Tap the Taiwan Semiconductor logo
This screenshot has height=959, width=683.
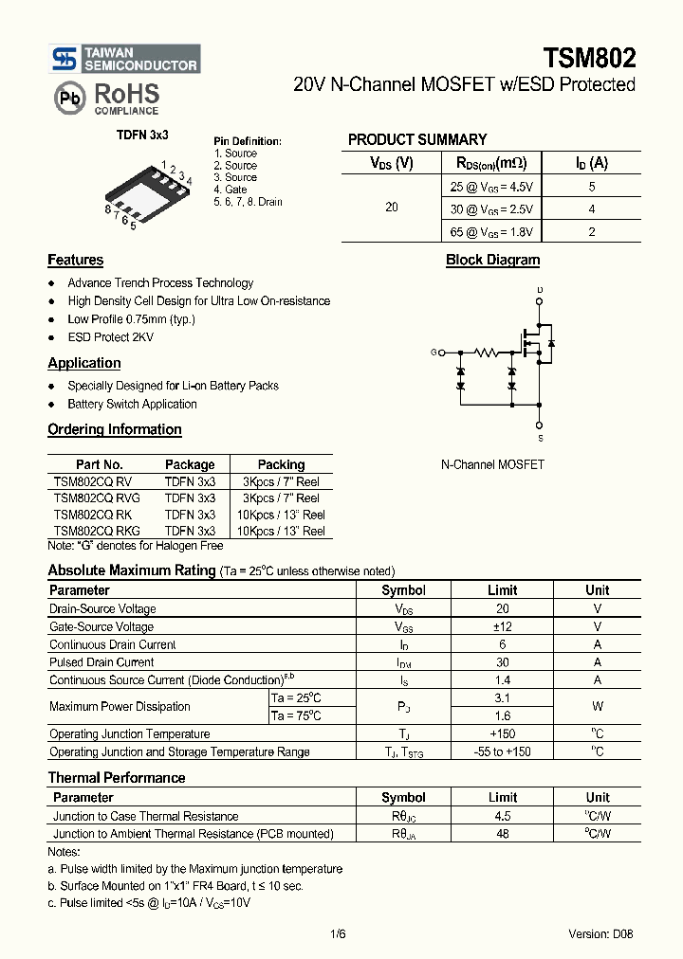point(124,59)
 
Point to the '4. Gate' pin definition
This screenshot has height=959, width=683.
point(231,190)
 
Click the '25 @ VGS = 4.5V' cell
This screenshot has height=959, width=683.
point(491,187)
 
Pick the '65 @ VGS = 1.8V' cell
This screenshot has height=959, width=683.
point(491,231)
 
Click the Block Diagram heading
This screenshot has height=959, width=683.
point(492,260)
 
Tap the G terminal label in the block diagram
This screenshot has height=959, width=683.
point(434,353)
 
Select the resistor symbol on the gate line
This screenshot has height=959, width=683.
point(486,353)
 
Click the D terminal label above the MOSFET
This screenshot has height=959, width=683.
point(540,290)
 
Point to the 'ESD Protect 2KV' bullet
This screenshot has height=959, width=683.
point(110,337)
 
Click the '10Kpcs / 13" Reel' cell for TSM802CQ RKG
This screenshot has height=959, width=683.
point(281,531)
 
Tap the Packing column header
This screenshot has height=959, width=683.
point(281,464)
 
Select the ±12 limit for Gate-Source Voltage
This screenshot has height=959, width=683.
point(502,626)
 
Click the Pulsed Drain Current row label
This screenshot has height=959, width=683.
point(102,662)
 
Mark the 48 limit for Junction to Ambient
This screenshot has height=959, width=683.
point(502,834)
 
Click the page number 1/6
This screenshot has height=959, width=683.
point(339,933)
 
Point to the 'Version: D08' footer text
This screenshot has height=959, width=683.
point(600,933)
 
